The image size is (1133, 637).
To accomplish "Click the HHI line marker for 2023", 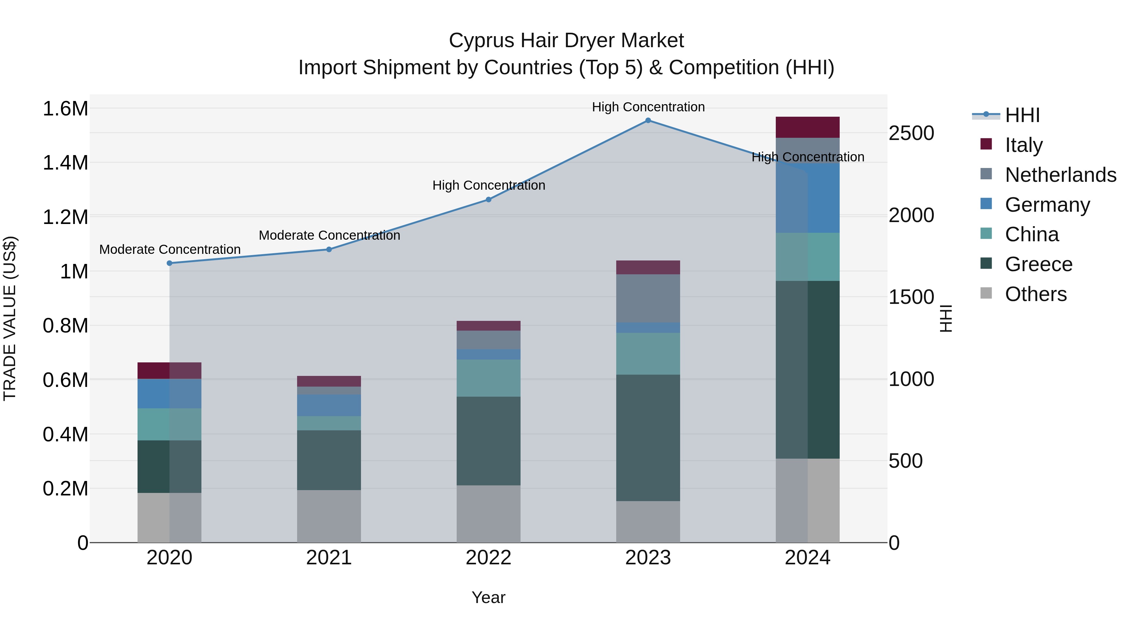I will tap(648, 120).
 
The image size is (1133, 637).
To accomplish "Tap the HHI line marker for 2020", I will tap(169, 263).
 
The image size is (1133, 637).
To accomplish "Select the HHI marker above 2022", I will tap(488, 199).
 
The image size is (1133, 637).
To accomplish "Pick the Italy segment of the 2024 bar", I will tap(808, 127).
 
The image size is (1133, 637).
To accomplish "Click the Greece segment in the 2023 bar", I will tap(648, 438).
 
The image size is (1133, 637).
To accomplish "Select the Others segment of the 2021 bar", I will tap(329, 516).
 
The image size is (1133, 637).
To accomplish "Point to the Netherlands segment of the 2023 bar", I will tap(648, 299).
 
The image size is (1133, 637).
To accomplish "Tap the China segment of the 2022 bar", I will tap(488, 378).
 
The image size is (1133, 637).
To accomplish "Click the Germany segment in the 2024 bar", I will tap(808, 198).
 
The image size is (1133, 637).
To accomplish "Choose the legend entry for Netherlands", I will tap(1060, 175).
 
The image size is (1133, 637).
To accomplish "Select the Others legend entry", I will tap(1035, 294).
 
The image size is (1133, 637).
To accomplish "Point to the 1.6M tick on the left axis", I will tap(65, 109).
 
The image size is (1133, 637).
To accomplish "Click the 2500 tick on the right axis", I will tap(911, 133).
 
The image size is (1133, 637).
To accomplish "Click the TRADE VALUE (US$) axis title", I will tap(10, 318).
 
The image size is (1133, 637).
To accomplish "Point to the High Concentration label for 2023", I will tap(648, 107).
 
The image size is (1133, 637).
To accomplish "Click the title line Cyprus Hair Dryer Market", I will tap(566, 41).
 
